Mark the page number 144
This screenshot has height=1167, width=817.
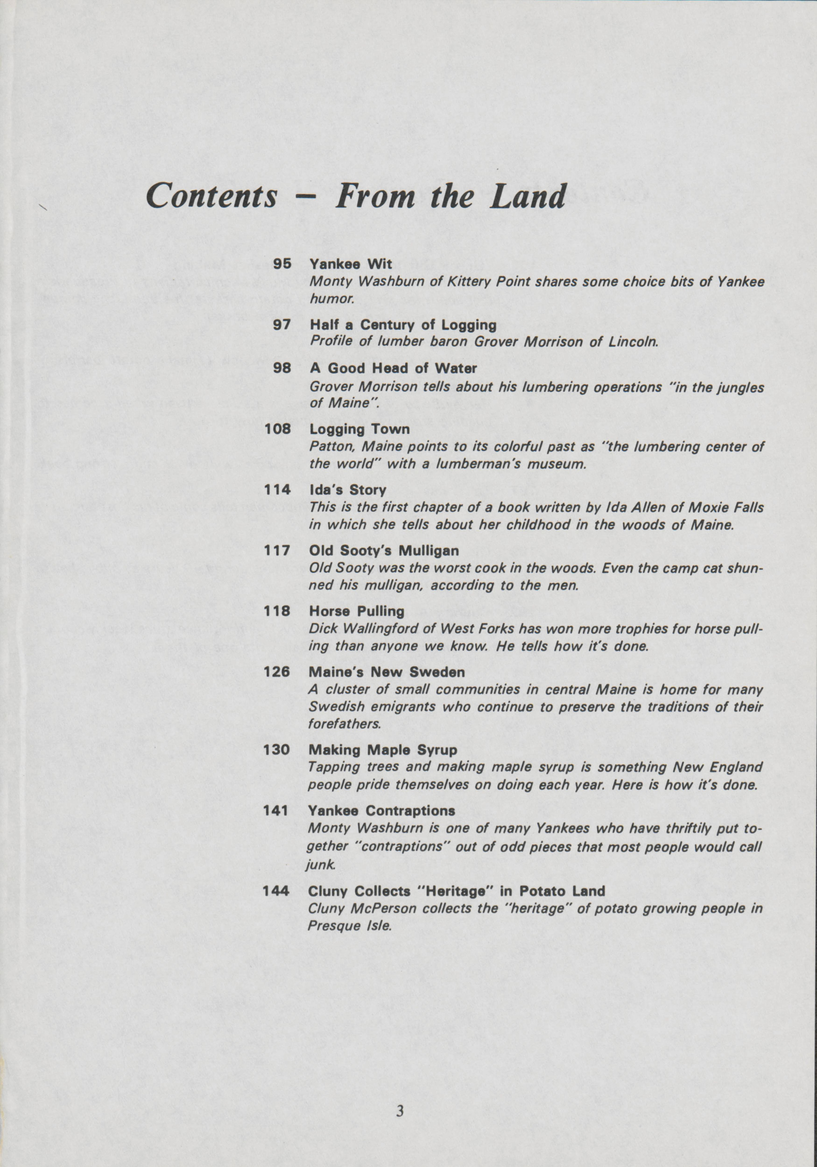pyautogui.click(x=276, y=891)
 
